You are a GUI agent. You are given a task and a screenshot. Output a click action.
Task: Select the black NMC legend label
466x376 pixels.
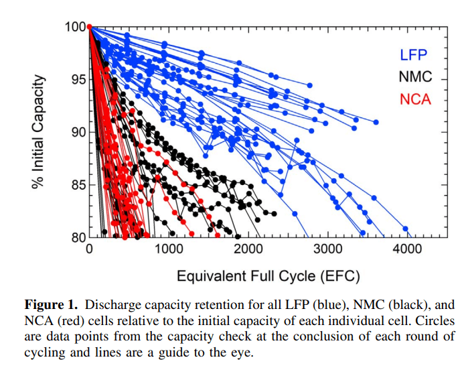tap(415, 77)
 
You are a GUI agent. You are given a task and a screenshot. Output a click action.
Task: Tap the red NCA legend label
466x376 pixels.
tap(415, 99)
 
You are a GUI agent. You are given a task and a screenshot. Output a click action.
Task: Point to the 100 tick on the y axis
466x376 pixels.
tap(75, 27)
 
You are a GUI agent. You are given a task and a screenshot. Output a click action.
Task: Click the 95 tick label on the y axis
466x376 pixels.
tap(78, 80)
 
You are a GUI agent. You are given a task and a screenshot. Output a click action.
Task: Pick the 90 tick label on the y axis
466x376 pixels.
tap(78, 132)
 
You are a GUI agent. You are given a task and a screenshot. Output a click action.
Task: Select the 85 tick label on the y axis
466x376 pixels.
tap(78, 184)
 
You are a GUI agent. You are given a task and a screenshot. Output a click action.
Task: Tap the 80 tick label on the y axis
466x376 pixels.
tap(78, 237)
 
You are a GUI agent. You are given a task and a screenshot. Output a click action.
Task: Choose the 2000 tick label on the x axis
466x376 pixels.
tap(248, 250)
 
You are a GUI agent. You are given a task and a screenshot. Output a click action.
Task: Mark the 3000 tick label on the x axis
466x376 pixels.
tap(327, 250)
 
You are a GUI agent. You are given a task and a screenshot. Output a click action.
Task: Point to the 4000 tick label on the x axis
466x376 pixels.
tap(406, 250)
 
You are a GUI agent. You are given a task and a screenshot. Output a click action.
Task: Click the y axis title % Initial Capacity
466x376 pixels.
tap(40, 132)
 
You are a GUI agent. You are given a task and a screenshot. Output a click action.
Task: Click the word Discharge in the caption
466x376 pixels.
tap(109, 304)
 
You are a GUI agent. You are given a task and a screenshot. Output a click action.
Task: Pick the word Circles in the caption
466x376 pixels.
tap(419, 320)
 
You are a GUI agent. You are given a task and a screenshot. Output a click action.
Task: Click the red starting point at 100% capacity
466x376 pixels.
tap(89, 27)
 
